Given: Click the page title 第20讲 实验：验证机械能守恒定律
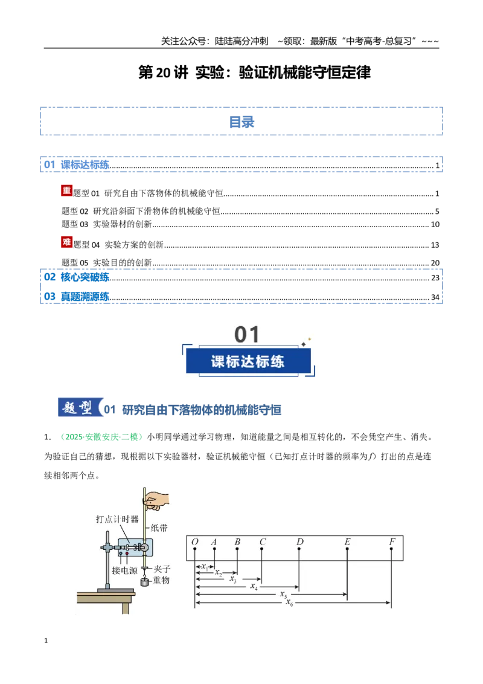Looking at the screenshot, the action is coord(255,73).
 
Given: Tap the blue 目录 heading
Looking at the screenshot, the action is coord(241,122).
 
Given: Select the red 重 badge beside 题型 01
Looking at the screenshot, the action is coord(66,190).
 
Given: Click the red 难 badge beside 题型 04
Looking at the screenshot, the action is coord(66,242).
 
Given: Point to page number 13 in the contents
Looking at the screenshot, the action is coord(435,245).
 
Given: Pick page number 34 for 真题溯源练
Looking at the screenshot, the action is coord(435,297).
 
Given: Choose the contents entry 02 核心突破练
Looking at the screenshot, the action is coord(77,277).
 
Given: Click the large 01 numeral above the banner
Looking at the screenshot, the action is coord(247,335).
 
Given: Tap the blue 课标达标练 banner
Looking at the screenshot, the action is coord(248,361).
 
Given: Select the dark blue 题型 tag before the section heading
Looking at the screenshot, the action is coord(80,407).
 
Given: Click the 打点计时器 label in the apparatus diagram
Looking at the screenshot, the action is coord(117,519).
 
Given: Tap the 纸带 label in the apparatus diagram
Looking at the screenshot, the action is coord(159,528).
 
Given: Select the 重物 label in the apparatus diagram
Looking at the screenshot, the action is coord(161,580).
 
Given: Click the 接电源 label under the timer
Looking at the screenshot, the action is coord(124,570).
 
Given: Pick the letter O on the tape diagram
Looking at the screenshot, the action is coord(195,541).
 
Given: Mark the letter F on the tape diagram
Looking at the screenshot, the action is coord(392,541).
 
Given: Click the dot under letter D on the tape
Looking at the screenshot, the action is coord(299,549).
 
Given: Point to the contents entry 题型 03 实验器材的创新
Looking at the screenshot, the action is coord(107,224).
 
